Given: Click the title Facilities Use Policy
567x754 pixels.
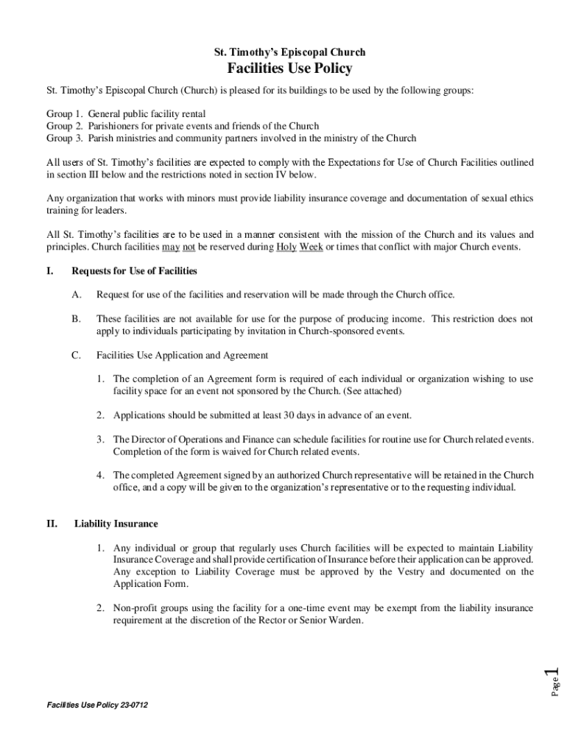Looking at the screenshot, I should tap(289, 69).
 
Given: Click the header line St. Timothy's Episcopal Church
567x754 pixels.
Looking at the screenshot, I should tap(289, 52).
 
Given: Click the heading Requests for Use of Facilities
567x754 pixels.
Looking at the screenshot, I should tap(134, 271).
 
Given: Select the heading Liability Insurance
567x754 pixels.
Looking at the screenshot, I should tap(116, 524).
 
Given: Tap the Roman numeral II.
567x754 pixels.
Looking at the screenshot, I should tap(52, 524).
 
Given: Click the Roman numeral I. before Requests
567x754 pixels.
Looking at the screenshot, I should tap(49, 271).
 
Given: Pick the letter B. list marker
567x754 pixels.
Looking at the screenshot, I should tap(76, 319).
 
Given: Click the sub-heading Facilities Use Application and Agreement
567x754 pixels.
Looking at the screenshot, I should tap(182, 355).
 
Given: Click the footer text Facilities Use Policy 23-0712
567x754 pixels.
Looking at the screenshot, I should tap(97, 705).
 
